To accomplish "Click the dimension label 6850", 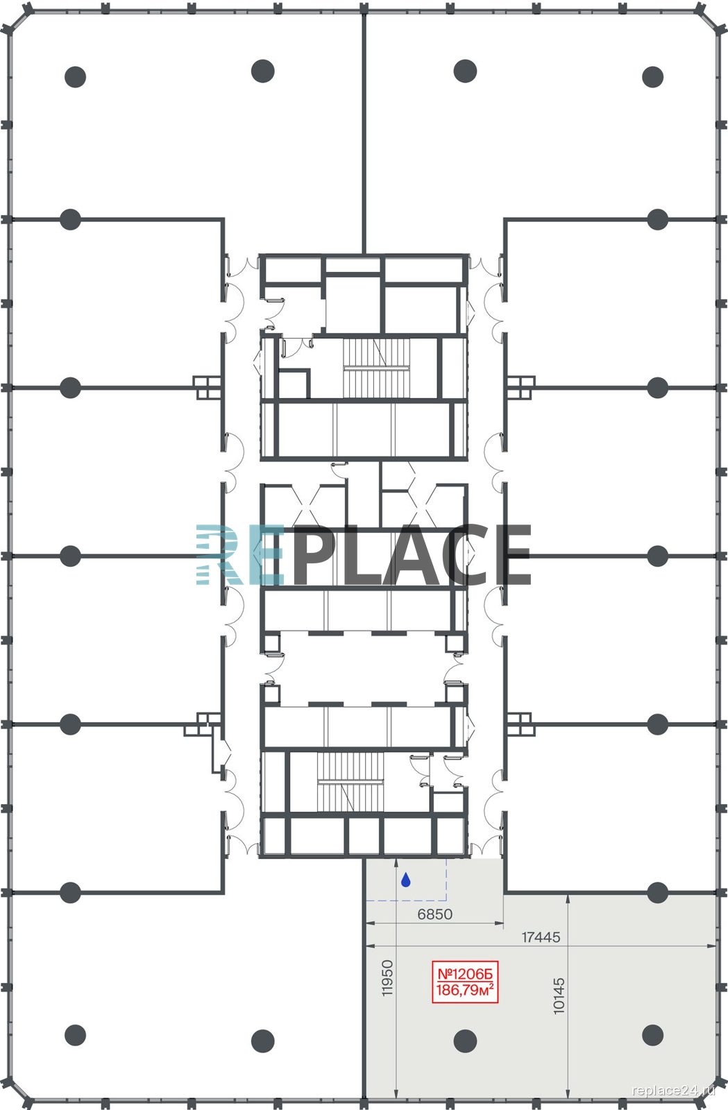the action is click(x=434, y=914).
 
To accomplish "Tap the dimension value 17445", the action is click(x=541, y=937).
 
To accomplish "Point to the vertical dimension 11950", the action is click(x=387, y=977).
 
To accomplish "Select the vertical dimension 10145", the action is click(x=559, y=996).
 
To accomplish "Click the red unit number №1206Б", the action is click(x=464, y=974).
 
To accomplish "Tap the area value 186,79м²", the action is click(x=464, y=989).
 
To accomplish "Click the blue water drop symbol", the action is click(x=405, y=880).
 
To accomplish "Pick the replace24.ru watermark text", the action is click(x=673, y=1090).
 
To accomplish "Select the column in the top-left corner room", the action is click(x=76, y=77).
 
